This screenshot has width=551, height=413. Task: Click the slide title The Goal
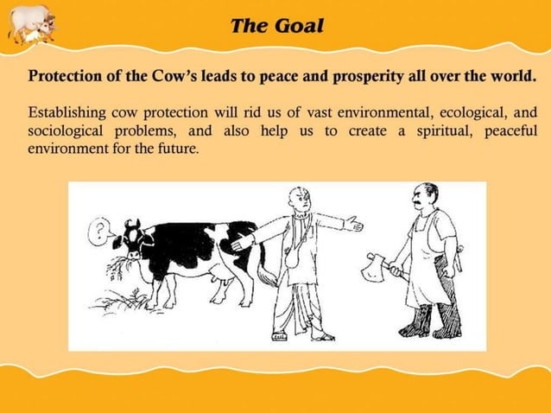click(x=276, y=25)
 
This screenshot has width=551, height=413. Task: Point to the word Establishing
click(x=68, y=113)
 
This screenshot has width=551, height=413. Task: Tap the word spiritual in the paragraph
click(x=426, y=130)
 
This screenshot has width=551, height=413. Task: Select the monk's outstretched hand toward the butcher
click(x=352, y=226)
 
